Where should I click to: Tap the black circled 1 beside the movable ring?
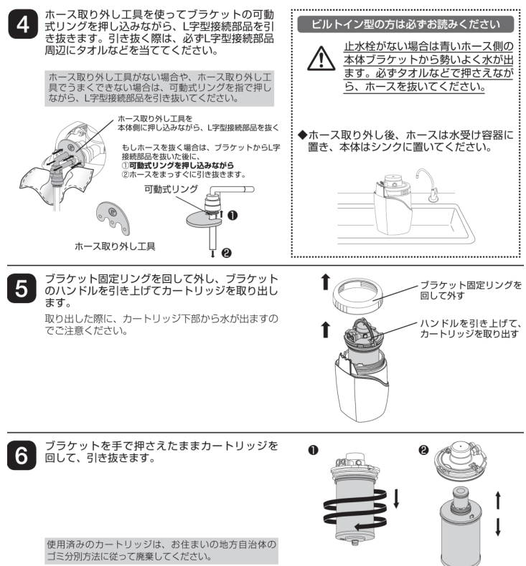pyautogui.click(x=233, y=215)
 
